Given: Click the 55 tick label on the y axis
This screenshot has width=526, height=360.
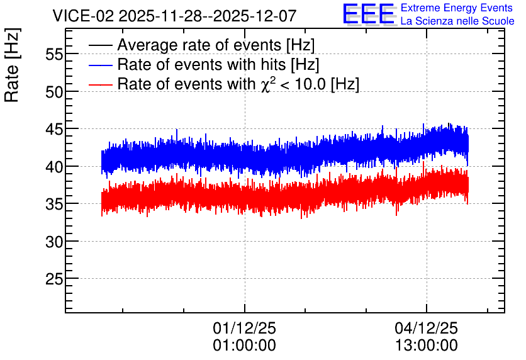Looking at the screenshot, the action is (x=54, y=54).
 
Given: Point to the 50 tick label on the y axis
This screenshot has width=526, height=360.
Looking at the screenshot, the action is (x=54, y=92).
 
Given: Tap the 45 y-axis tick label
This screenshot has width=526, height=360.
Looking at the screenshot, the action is (x=54, y=129).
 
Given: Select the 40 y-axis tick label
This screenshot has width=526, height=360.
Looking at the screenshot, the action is (x=54, y=167).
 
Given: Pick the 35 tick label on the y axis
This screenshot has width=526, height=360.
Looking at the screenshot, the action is (x=54, y=204).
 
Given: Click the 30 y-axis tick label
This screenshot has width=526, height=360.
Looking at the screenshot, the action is (x=54, y=242).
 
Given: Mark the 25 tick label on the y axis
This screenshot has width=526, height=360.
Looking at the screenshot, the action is (x=54, y=279).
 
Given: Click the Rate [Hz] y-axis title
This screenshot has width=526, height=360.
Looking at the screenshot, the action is (x=12, y=65).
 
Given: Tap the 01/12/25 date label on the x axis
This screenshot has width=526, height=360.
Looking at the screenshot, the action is (x=245, y=328).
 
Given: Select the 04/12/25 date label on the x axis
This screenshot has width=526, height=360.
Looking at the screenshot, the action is (x=427, y=328).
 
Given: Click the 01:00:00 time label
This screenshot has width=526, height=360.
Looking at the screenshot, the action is (x=245, y=346).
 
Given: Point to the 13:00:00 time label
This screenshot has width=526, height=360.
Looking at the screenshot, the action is (x=427, y=346).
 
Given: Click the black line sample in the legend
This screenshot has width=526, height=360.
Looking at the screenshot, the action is (x=100, y=45).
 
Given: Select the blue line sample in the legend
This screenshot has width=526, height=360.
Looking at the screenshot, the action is (x=100, y=65).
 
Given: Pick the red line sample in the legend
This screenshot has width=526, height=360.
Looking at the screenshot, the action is (x=100, y=84).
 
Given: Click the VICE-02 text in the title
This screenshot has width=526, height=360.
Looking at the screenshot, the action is (x=84, y=16).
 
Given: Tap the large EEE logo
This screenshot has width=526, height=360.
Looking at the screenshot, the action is (x=368, y=14).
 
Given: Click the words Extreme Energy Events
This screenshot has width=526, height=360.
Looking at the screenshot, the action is (x=457, y=8).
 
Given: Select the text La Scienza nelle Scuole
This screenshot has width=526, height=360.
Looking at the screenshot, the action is (x=457, y=21).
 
